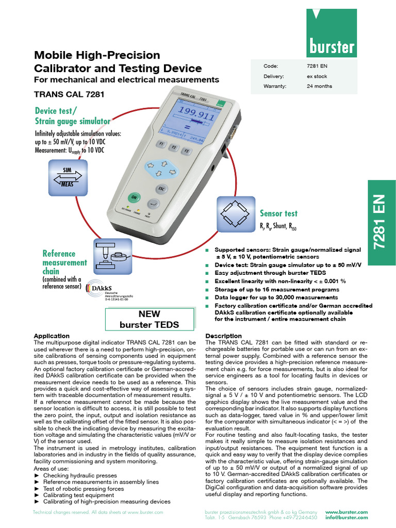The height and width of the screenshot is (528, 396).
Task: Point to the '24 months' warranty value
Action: click(319, 86)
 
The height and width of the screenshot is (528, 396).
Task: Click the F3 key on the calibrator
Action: click(187, 151)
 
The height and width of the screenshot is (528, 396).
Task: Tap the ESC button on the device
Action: click(161, 188)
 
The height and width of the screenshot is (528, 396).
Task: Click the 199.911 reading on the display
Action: click(196, 116)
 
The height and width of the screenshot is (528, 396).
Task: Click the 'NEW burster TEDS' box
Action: click(149, 319)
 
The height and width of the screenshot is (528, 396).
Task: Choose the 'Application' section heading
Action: click(51, 336)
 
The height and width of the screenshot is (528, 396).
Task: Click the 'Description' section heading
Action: click(223, 336)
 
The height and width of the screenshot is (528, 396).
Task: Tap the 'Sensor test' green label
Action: click(278, 213)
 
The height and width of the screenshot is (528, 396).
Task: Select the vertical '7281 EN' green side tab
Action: click(381, 223)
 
